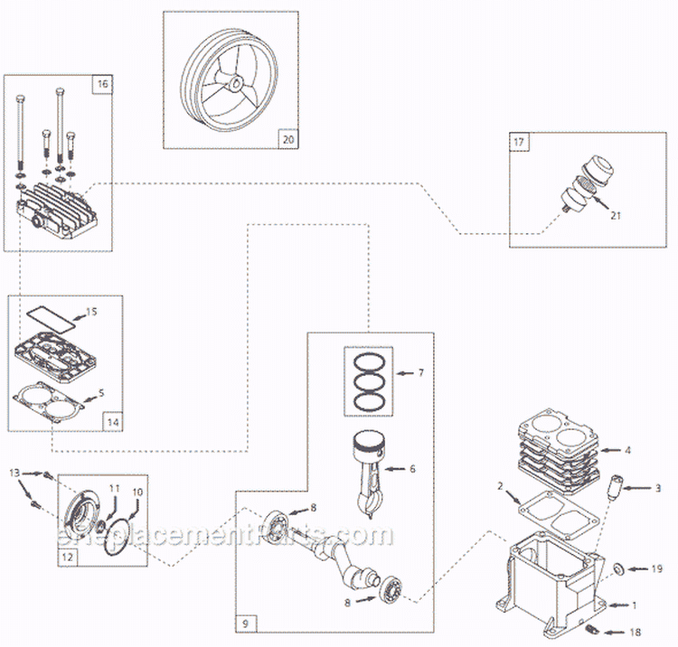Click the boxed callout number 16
coord(102,84)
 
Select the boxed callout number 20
coord(288,139)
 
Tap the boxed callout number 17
coord(519,142)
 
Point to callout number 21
coord(616,215)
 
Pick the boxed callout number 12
coord(68,558)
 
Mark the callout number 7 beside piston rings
coord(419,372)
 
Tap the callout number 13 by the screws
coord(14,474)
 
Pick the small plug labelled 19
coord(618,567)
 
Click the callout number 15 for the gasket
coord(90,313)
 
